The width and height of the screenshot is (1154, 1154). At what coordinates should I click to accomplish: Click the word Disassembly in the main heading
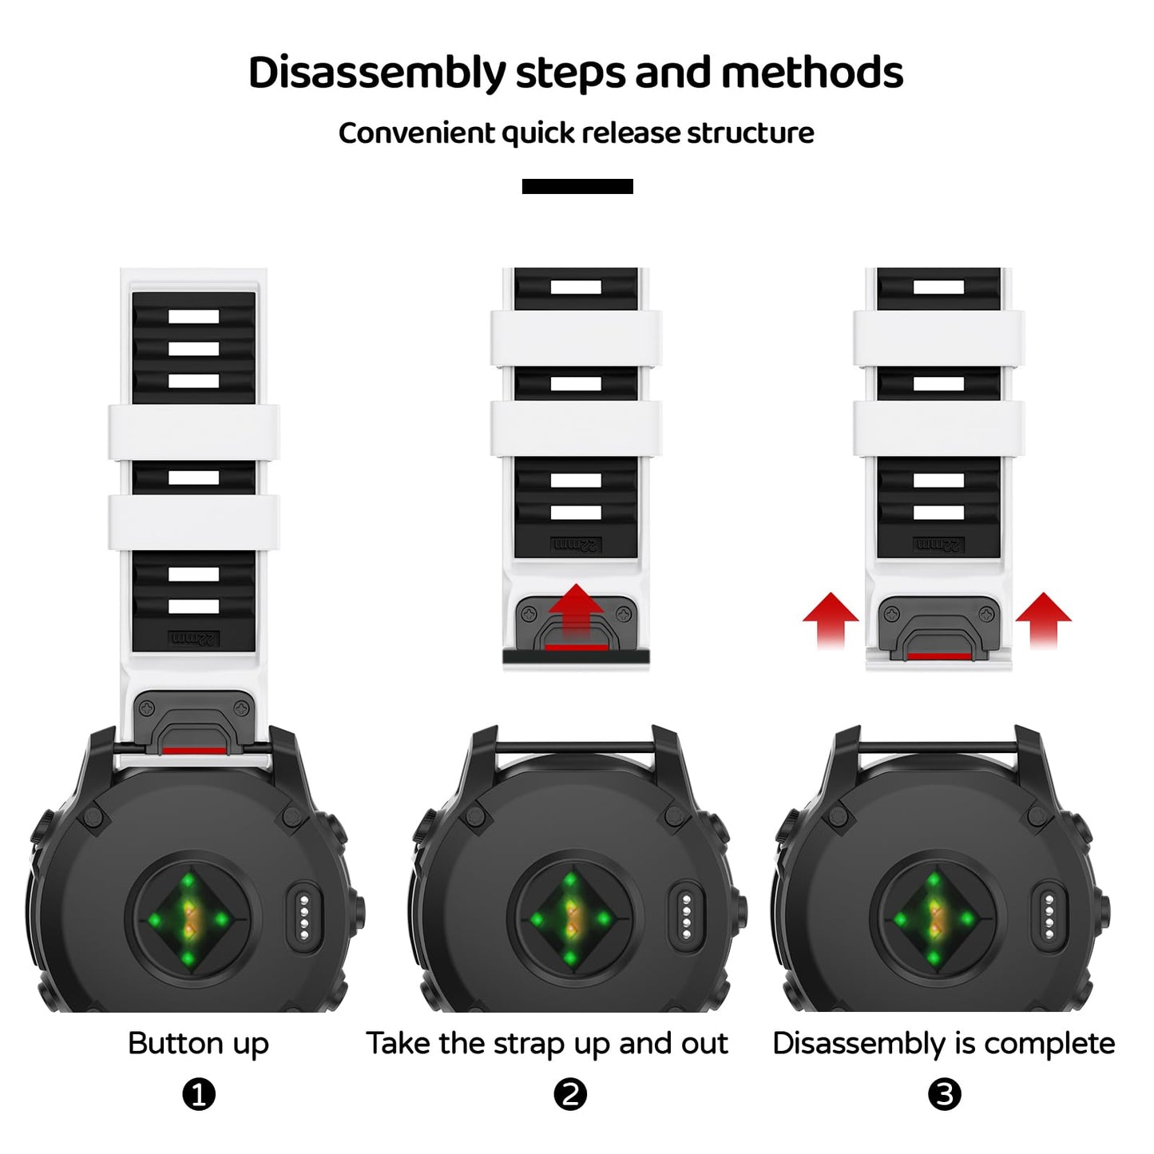point(376,73)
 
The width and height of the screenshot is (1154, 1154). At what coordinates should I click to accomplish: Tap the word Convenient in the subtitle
point(415,133)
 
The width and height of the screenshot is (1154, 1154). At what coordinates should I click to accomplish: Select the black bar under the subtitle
point(577,186)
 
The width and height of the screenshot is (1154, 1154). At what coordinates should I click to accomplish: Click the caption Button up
point(198,1044)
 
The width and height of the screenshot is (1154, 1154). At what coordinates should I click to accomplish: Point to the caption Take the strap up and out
point(546,1044)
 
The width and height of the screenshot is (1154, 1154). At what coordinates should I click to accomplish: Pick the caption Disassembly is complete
point(943,1044)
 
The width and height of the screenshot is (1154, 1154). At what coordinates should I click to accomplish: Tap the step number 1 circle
point(199,1094)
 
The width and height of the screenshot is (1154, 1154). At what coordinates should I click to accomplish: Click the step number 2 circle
point(569,1094)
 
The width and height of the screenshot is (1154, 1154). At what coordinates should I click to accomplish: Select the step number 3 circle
point(944,1094)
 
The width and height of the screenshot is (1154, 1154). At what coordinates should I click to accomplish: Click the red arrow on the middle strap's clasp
point(576,611)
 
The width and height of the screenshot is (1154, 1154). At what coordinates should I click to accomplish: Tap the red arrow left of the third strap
point(831,618)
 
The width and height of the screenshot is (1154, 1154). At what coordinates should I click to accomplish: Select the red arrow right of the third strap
point(1043,618)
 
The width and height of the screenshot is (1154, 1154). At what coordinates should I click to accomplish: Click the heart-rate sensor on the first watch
point(188,919)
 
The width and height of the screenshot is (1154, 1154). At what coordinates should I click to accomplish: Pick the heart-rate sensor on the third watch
point(934,919)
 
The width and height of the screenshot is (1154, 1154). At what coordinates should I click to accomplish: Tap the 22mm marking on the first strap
point(193,639)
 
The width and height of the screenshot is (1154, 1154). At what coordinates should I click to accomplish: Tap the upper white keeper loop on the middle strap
point(576,338)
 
